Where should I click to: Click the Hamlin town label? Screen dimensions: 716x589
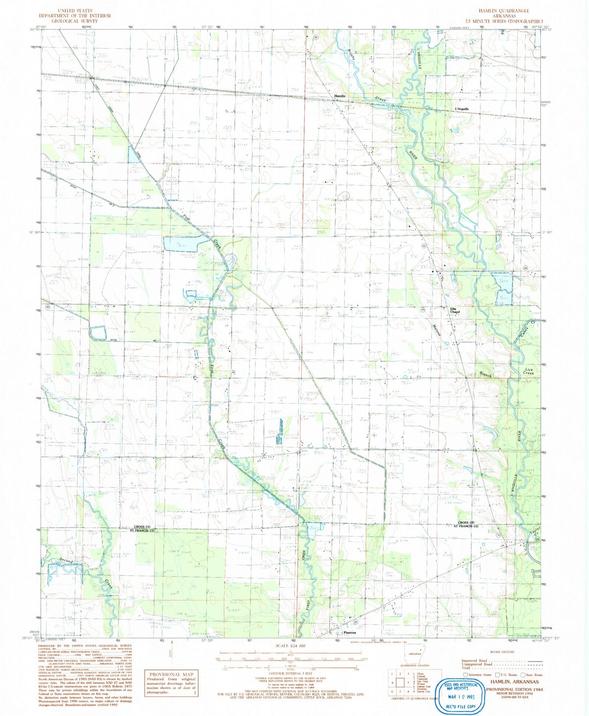[340, 96]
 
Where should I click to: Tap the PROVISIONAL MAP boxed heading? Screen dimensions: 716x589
[172, 674]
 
